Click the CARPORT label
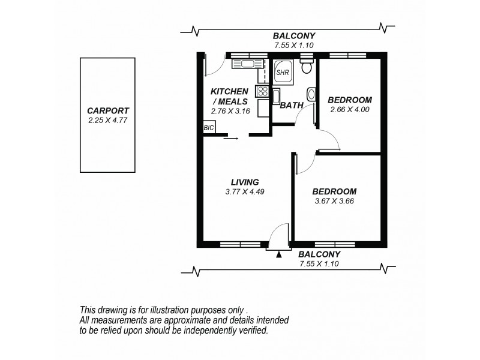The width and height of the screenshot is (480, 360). [x=108, y=110]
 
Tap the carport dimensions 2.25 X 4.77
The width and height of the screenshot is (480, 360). [x=108, y=120]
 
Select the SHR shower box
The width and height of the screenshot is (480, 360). [x=282, y=73]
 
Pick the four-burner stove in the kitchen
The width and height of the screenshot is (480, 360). [x=262, y=91]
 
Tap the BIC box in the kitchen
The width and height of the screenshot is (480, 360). [x=209, y=127]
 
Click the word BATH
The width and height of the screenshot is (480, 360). [x=291, y=105]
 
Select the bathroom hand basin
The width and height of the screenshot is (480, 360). [x=311, y=95]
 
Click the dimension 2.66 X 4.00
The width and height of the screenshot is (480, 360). [x=349, y=110]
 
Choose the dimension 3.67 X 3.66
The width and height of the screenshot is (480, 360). [x=334, y=201]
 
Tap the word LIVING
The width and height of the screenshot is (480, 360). [x=245, y=182]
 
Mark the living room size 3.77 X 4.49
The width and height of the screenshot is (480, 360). [x=245, y=192]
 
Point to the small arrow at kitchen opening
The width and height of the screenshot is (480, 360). [x=231, y=139]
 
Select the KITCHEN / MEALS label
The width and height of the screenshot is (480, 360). [x=229, y=96]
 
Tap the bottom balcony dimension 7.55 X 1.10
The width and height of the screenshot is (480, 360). [x=319, y=263]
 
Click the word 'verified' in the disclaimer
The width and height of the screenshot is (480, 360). [x=251, y=330]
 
